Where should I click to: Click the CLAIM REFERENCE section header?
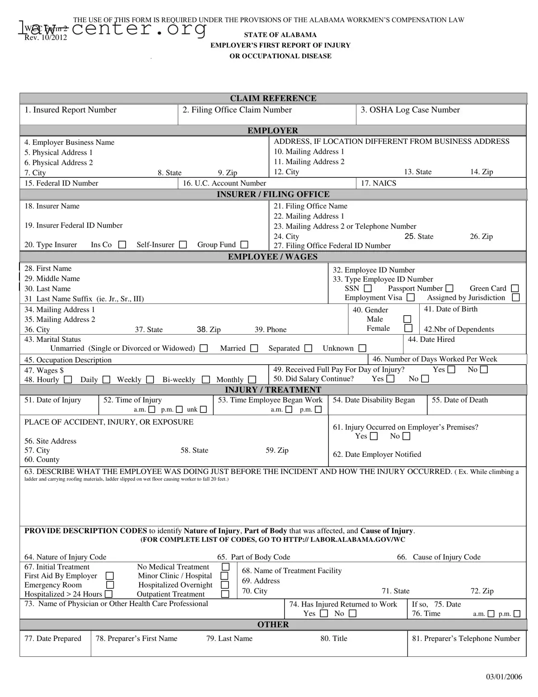(x=273, y=98)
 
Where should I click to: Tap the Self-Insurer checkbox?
(x=183, y=245)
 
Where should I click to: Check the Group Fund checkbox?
(x=244, y=245)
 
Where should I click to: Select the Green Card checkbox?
(x=515, y=289)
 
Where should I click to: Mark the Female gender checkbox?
(x=408, y=328)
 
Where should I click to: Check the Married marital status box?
(x=254, y=348)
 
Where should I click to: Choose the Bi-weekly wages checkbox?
(x=206, y=379)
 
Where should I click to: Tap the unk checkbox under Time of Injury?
(x=203, y=410)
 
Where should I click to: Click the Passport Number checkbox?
(x=449, y=289)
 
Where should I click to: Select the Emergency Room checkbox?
(x=109, y=585)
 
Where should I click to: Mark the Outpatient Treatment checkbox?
(x=225, y=594)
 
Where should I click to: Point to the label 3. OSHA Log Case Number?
(x=410, y=110)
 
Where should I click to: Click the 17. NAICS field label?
(x=378, y=183)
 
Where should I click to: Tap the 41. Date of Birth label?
(x=450, y=309)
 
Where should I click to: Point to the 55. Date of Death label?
(x=459, y=400)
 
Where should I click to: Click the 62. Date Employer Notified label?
(x=377, y=454)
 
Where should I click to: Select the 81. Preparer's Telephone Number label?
(x=466, y=638)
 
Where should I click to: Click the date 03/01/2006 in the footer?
(x=504, y=677)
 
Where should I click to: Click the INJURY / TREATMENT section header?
(x=273, y=390)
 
